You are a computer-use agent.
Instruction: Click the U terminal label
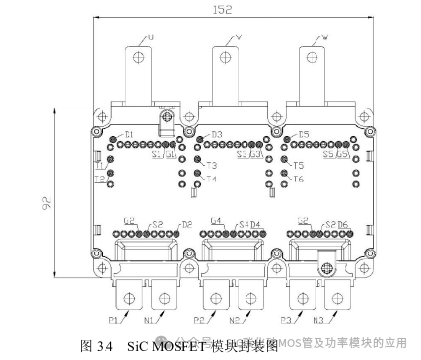point(151,40)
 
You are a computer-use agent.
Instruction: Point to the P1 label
point(114,320)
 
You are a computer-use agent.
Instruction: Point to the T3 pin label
point(211,165)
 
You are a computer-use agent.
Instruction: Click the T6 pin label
point(299,180)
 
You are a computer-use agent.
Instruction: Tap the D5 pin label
point(303,134)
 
